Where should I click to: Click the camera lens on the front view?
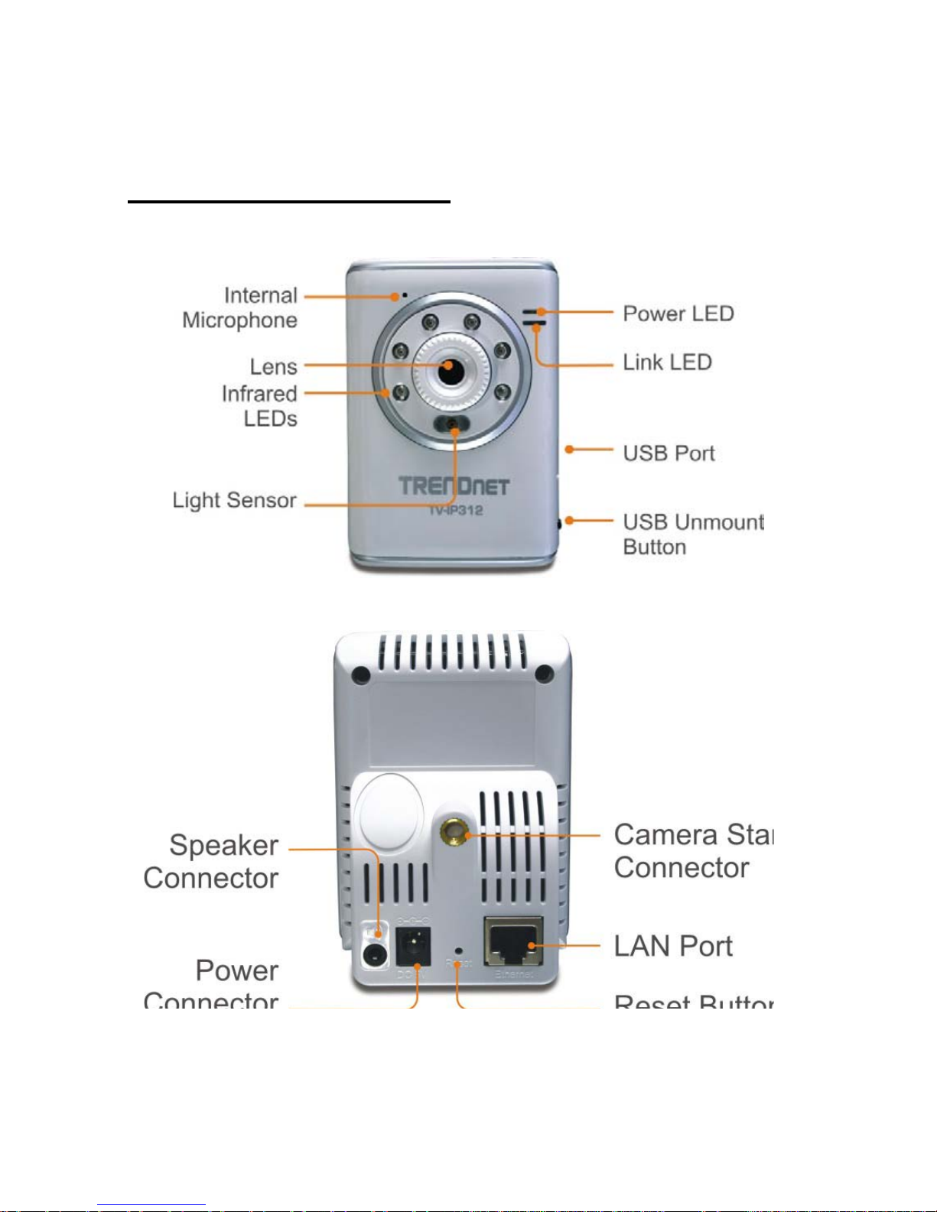pos(451,370)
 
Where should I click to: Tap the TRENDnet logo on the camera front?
pos(454,486)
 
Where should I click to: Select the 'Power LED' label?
pos(678,314)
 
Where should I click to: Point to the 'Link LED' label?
pos(667,362)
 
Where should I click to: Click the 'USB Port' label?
pos(669,453)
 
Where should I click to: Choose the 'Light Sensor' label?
pos(234,500)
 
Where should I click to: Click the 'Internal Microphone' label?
pos(240,307)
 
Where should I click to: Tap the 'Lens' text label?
pos(273,367)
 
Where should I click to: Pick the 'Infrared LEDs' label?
pos(260,406)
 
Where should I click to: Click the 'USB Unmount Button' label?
pos(691,535)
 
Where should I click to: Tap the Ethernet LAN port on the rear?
pos(514,941)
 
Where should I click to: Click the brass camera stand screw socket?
pos(455,831)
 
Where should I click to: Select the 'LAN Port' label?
pos(673,947)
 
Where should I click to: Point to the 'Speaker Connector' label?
pos(212,862)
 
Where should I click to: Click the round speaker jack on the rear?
pos(374,954)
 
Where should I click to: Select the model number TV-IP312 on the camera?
pos(455,510)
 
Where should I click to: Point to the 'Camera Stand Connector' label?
pos(691,851)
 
